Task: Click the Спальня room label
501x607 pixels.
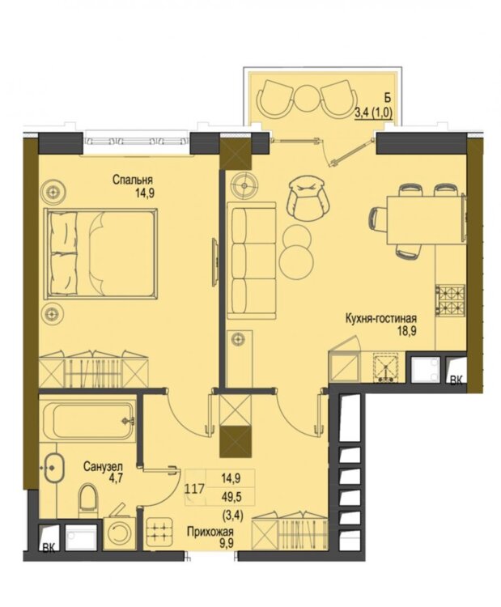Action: point(133,180)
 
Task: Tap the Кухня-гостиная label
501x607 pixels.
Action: point(381,319)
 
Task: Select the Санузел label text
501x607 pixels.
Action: point(103,466)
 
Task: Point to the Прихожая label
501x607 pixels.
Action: point(210,532)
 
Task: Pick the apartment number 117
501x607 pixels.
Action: point(194,490)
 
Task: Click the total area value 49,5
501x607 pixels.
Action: point(231,497)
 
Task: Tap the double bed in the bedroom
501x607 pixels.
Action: point(101,253)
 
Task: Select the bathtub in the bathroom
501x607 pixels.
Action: point(87,421)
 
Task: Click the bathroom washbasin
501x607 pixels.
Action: point(53,468)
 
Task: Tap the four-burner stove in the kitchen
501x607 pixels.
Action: point(451,299)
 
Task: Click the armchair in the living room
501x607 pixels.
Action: point(308,197)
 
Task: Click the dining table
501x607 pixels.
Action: point(427,219)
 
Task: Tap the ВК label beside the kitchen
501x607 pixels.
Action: point(456,381)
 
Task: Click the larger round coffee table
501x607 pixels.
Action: point(296,260)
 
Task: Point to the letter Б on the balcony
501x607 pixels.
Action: point(383,97)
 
